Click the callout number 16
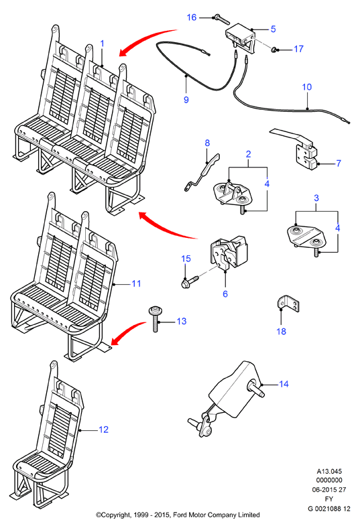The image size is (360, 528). tap(192, 17)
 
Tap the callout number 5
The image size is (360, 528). tap(273, 29)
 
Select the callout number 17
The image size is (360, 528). tap(299, 49)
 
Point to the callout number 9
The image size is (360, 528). tap(186, 100)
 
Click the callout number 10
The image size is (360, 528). tap(307, 87)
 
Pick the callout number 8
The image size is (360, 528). tap(207, 143)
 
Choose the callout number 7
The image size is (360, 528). tap(339, 163)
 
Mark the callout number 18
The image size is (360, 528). tap(281, 332)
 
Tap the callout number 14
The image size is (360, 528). tap(284, 384)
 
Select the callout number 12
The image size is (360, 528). tap(103, 430)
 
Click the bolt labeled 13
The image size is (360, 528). tap(156, 318)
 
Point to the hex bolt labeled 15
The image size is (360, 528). tap(190, 281)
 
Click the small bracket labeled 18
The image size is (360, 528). tap(288, 303)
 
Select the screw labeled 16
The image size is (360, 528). tap(221, 19)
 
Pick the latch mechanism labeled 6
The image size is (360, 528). tap(229, 253)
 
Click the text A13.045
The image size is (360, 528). tap(329, 472)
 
